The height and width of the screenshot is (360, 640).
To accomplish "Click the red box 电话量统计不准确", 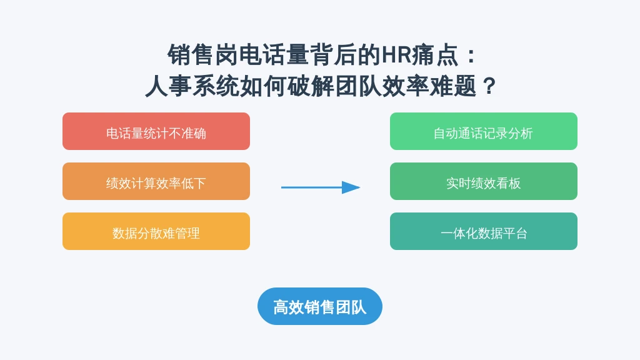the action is click(x=156, y=131).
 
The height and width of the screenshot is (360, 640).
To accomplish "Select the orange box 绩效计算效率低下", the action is click(x=156, y=181).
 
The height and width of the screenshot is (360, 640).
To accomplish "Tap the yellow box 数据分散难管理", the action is click(x=156, y=231).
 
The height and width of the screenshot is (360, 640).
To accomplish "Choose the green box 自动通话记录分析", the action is click(x=483, y=131).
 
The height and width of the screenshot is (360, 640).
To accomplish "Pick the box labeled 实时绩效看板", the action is click(x=483, y=181).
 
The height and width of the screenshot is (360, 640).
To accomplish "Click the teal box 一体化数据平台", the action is click(x=483, y=231).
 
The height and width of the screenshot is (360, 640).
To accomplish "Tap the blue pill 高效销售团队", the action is click(x=319, y=306).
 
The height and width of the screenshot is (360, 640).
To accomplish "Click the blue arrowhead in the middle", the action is click(x=351, y=187).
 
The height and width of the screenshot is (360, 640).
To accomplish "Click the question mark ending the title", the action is click(x=489, y=86).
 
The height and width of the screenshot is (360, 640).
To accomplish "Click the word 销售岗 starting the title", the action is click(x=202, y=55).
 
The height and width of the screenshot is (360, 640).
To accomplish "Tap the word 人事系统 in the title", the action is click(x=192, y=86).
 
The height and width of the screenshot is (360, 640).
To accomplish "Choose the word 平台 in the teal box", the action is click(x=515, y=234).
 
